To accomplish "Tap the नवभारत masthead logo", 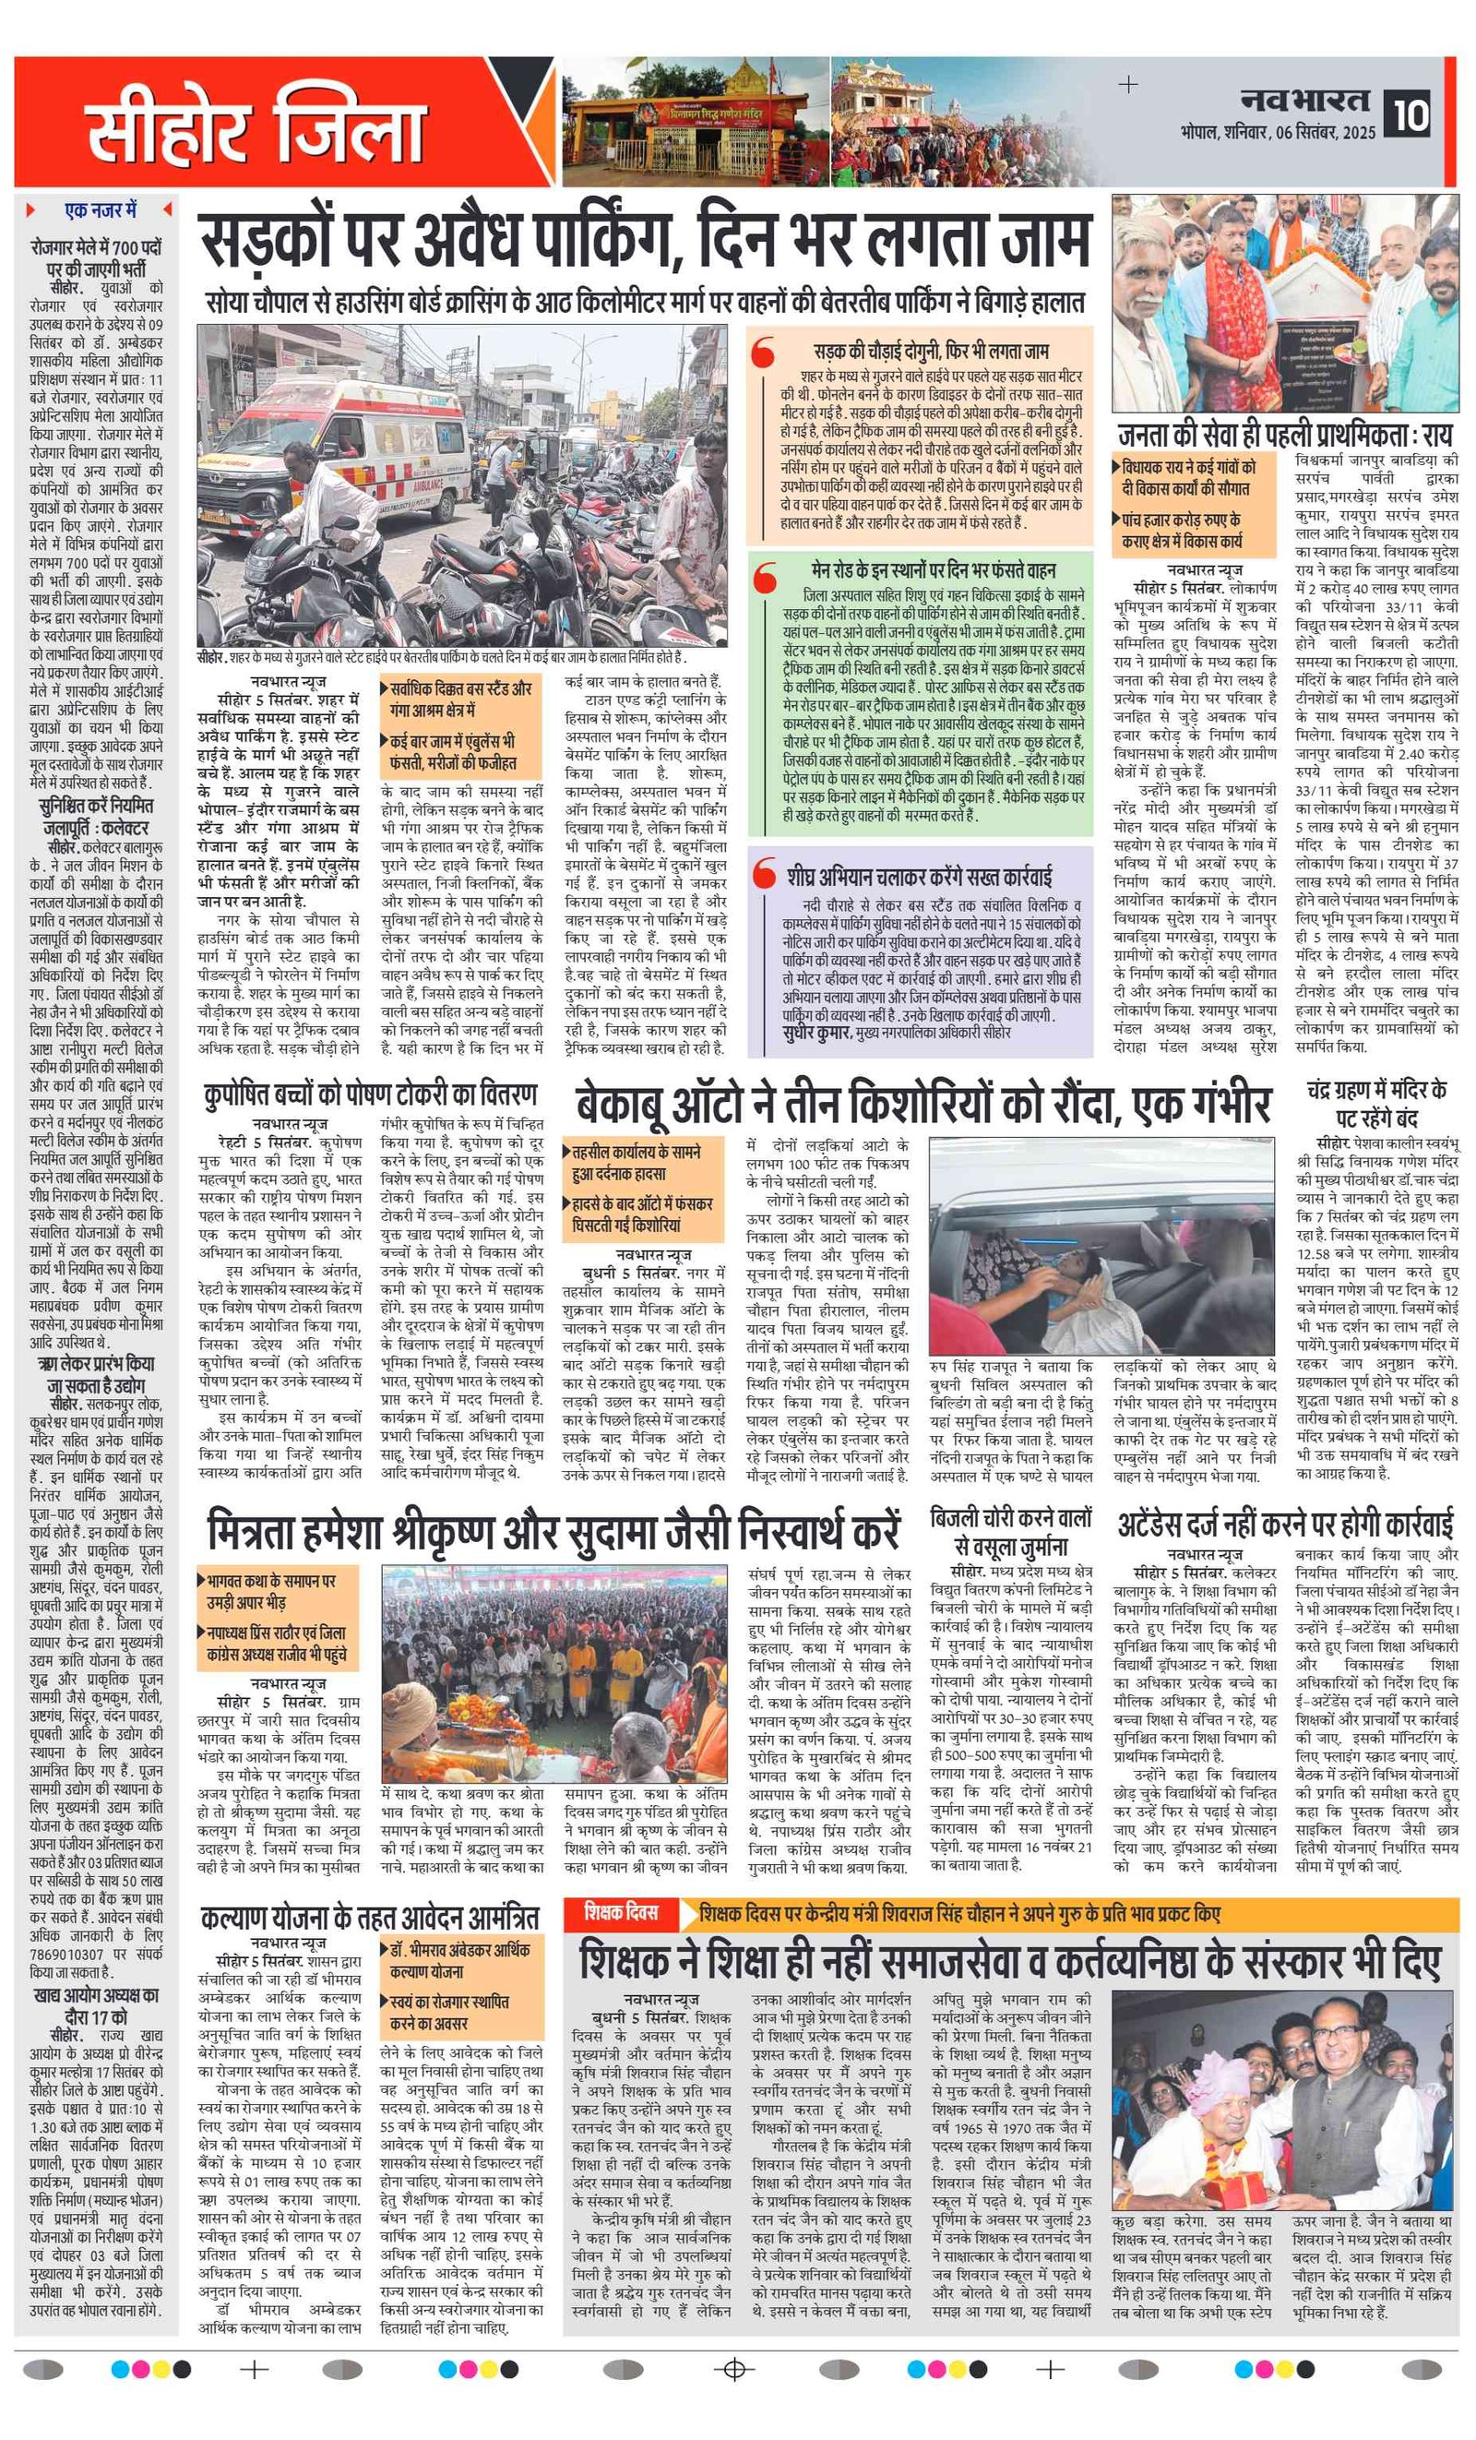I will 1305,100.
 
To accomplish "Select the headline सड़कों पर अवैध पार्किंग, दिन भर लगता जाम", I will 645,239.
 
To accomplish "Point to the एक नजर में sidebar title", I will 100,209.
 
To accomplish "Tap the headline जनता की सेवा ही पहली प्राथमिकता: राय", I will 1284,436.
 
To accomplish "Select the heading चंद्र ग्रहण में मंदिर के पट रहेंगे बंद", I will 1376,1103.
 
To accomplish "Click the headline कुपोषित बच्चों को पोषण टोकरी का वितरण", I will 370,1094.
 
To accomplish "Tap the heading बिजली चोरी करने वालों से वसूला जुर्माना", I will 1011,1531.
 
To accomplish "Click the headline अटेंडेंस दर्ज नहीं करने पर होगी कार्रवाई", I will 1285,1522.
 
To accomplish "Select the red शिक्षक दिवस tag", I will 621,1911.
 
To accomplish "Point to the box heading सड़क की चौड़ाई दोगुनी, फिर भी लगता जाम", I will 931,351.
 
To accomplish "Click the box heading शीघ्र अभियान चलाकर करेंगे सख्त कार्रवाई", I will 920,877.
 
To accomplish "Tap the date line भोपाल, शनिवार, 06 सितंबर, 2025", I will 1277,133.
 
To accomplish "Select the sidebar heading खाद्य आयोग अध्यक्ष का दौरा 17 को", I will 96,2005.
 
